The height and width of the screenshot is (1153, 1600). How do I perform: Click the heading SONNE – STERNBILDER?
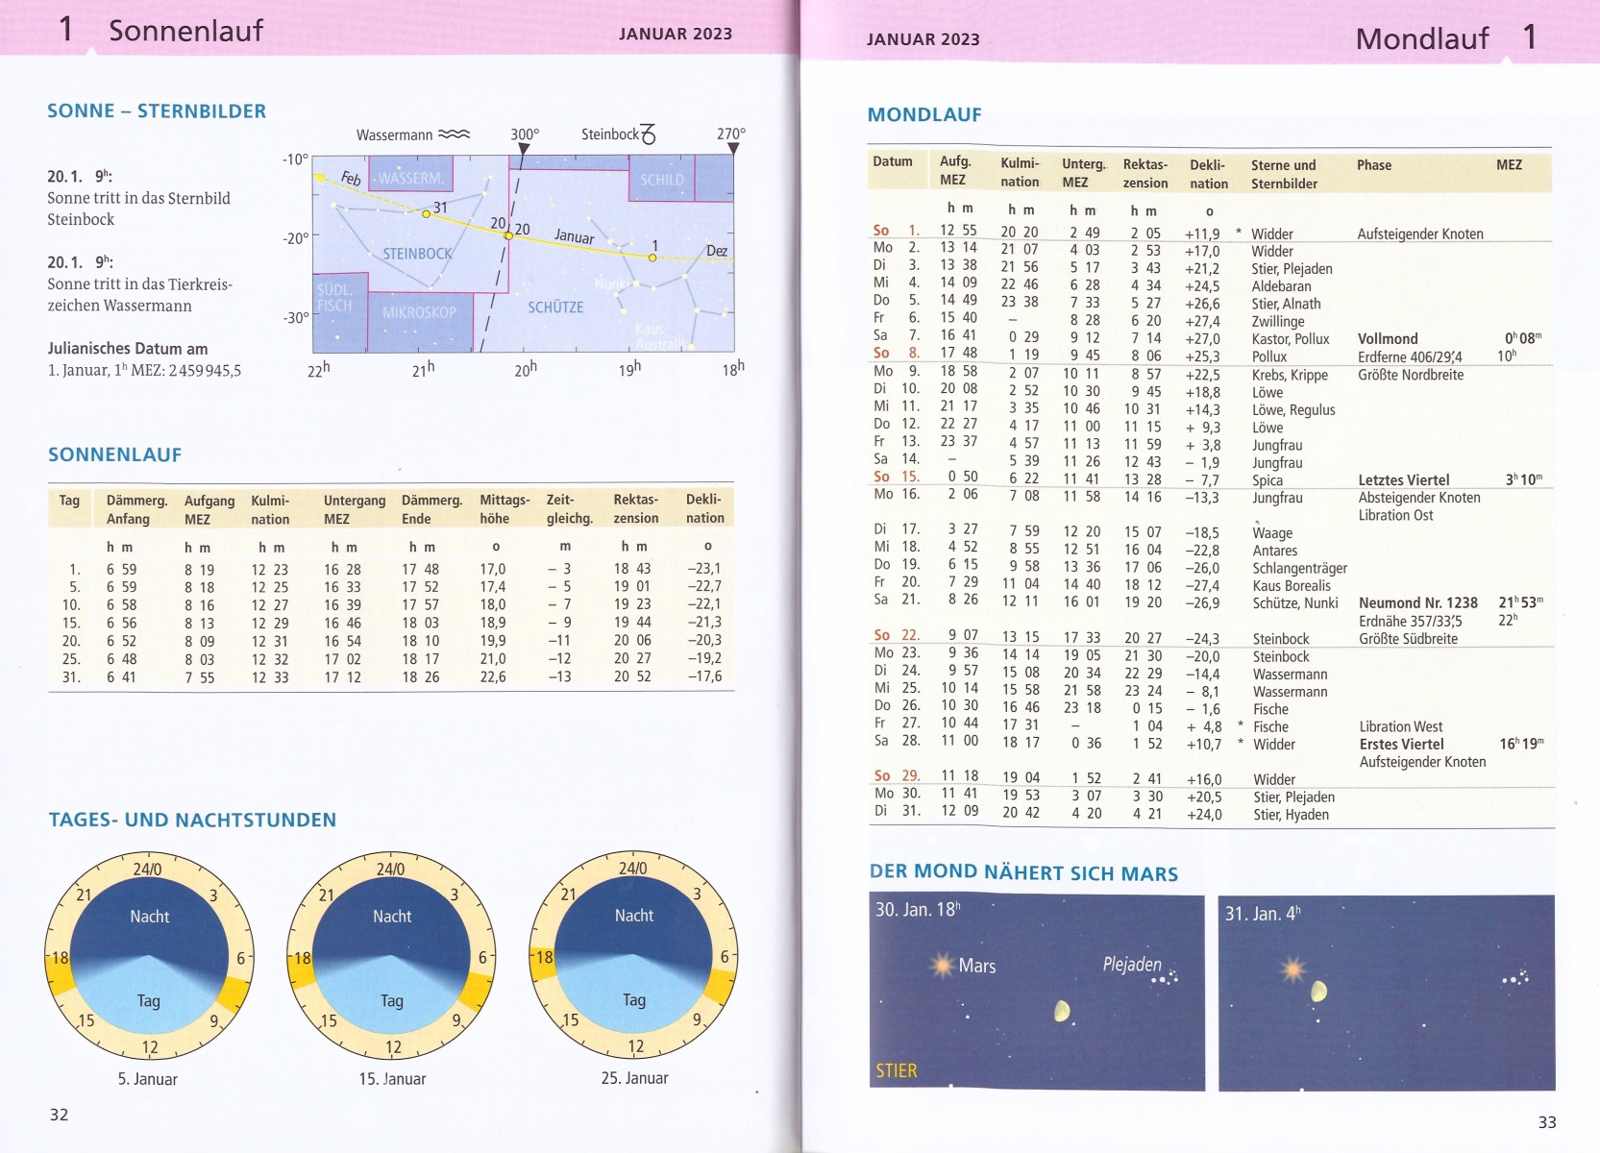pos(157,111)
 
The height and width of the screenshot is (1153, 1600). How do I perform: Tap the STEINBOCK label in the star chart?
pos(417,254)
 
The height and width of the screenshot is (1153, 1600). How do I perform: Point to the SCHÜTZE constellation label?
pos(555,307)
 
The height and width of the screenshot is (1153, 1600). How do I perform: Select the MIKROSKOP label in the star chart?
pos(419,312)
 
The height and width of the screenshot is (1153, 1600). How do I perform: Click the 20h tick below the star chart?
pos(526,369)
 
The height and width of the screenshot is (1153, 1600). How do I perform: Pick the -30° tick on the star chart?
pos(295,317)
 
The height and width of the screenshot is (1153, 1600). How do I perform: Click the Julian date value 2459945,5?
pos(204,370)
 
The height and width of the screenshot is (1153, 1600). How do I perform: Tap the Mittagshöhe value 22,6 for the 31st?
pos(492,677)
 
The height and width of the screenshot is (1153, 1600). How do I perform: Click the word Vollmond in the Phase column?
pos(1388,339)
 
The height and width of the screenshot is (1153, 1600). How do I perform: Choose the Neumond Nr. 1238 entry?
pos(1417,603)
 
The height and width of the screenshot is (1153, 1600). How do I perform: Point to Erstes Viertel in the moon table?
pos(1401,745)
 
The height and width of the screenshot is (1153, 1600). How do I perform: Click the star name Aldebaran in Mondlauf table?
pos(1281,286)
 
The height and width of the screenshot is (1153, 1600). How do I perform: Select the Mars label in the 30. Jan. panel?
pos(976,966)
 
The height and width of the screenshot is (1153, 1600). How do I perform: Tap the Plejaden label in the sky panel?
pos(1132,964)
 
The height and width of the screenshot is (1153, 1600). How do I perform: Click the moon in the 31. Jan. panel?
pos(1319,990)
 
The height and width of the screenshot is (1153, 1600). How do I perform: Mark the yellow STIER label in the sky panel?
pos(897,1070)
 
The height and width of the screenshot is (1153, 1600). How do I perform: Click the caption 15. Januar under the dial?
pos(392,1079)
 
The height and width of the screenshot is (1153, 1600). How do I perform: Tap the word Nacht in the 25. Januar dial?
pos(634,916)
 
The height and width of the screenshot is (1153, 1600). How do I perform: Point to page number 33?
pos(1546,1122)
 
